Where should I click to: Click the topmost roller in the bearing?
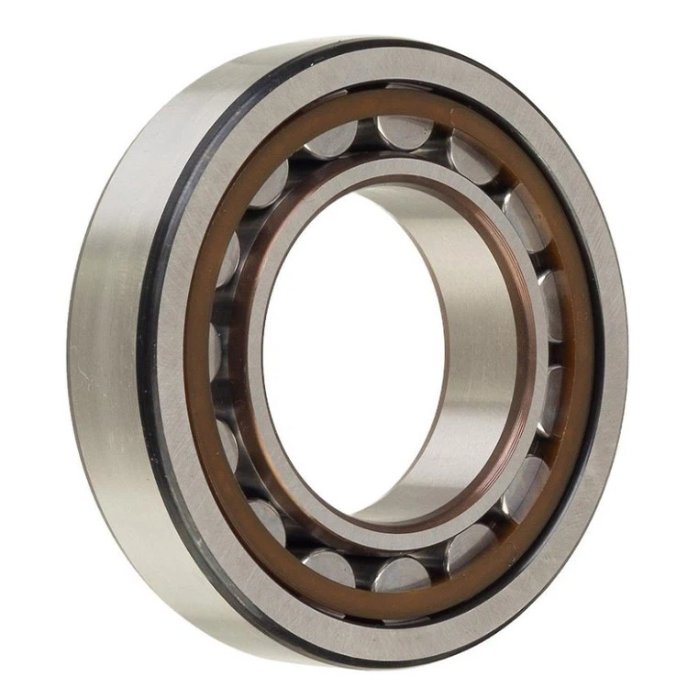click(405, 130)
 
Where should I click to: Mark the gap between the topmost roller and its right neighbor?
click(440, 138)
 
